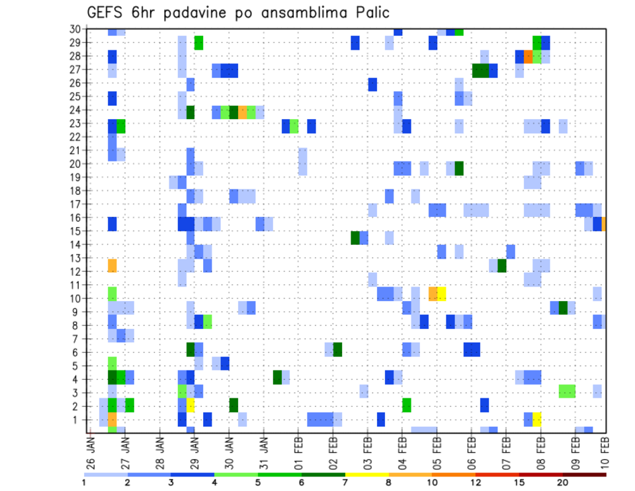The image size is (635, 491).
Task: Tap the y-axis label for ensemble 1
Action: point(77,420)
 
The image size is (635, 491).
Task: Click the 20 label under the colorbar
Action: point(562,482)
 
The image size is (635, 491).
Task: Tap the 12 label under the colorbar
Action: point(475,482)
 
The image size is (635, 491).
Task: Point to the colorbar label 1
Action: point(84,482)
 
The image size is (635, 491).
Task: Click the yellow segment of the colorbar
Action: point(366,474)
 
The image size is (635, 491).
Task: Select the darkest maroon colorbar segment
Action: point(584,474)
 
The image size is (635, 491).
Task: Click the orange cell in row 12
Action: point(112,265)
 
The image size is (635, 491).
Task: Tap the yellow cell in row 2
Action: point(190,406)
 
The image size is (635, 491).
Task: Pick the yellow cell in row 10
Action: point(441,292)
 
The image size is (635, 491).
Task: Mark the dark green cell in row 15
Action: point(355,238)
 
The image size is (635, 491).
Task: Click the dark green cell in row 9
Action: point(563,307)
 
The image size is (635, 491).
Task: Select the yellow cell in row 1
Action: point(537,420)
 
